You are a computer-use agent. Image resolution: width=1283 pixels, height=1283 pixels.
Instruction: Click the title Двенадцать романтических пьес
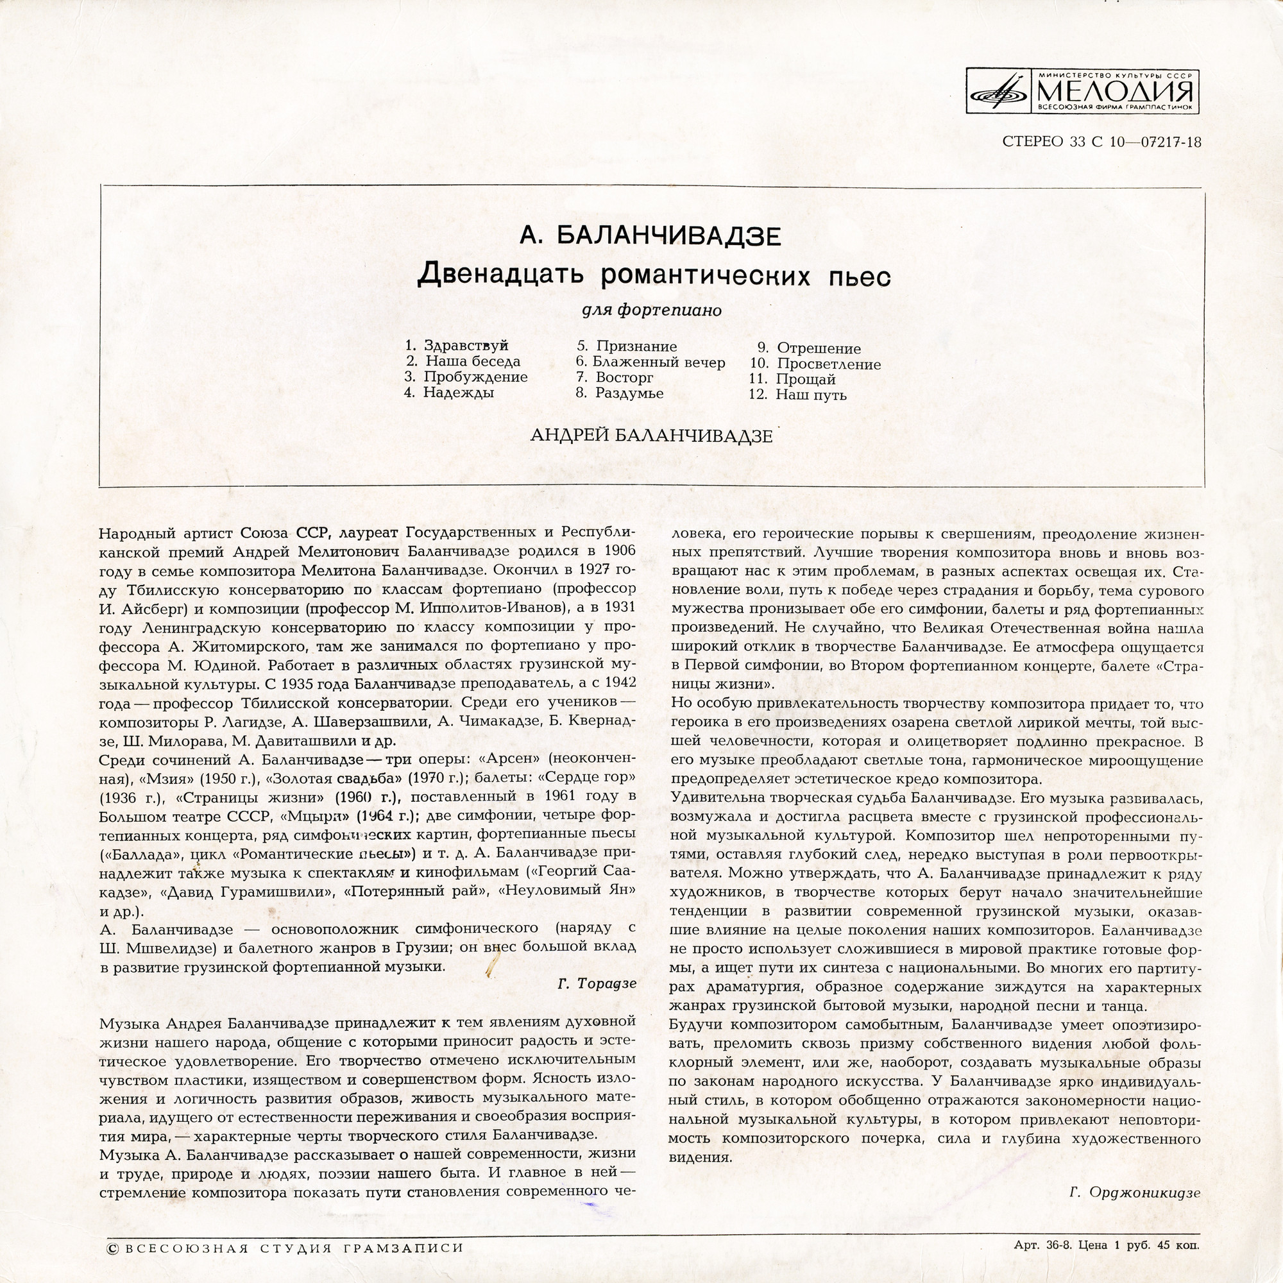(x=654, y=275)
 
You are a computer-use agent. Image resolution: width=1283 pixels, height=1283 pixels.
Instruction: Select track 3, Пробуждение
(x=475, y=377)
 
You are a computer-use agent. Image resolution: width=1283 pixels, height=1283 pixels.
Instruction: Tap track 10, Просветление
(x=828, y=364)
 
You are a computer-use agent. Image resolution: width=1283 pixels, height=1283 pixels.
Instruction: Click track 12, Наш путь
(x=810, y=395)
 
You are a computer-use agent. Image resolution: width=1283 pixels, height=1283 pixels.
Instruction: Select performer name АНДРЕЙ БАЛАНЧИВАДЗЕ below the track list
(x=652, y=436)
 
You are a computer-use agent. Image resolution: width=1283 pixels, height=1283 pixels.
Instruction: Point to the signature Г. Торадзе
(x=597, y=983)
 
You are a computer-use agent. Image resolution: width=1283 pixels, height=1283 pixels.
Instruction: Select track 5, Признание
(x=636, y=346)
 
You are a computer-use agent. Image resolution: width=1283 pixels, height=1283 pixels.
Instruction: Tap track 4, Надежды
(x=458, y=393)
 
